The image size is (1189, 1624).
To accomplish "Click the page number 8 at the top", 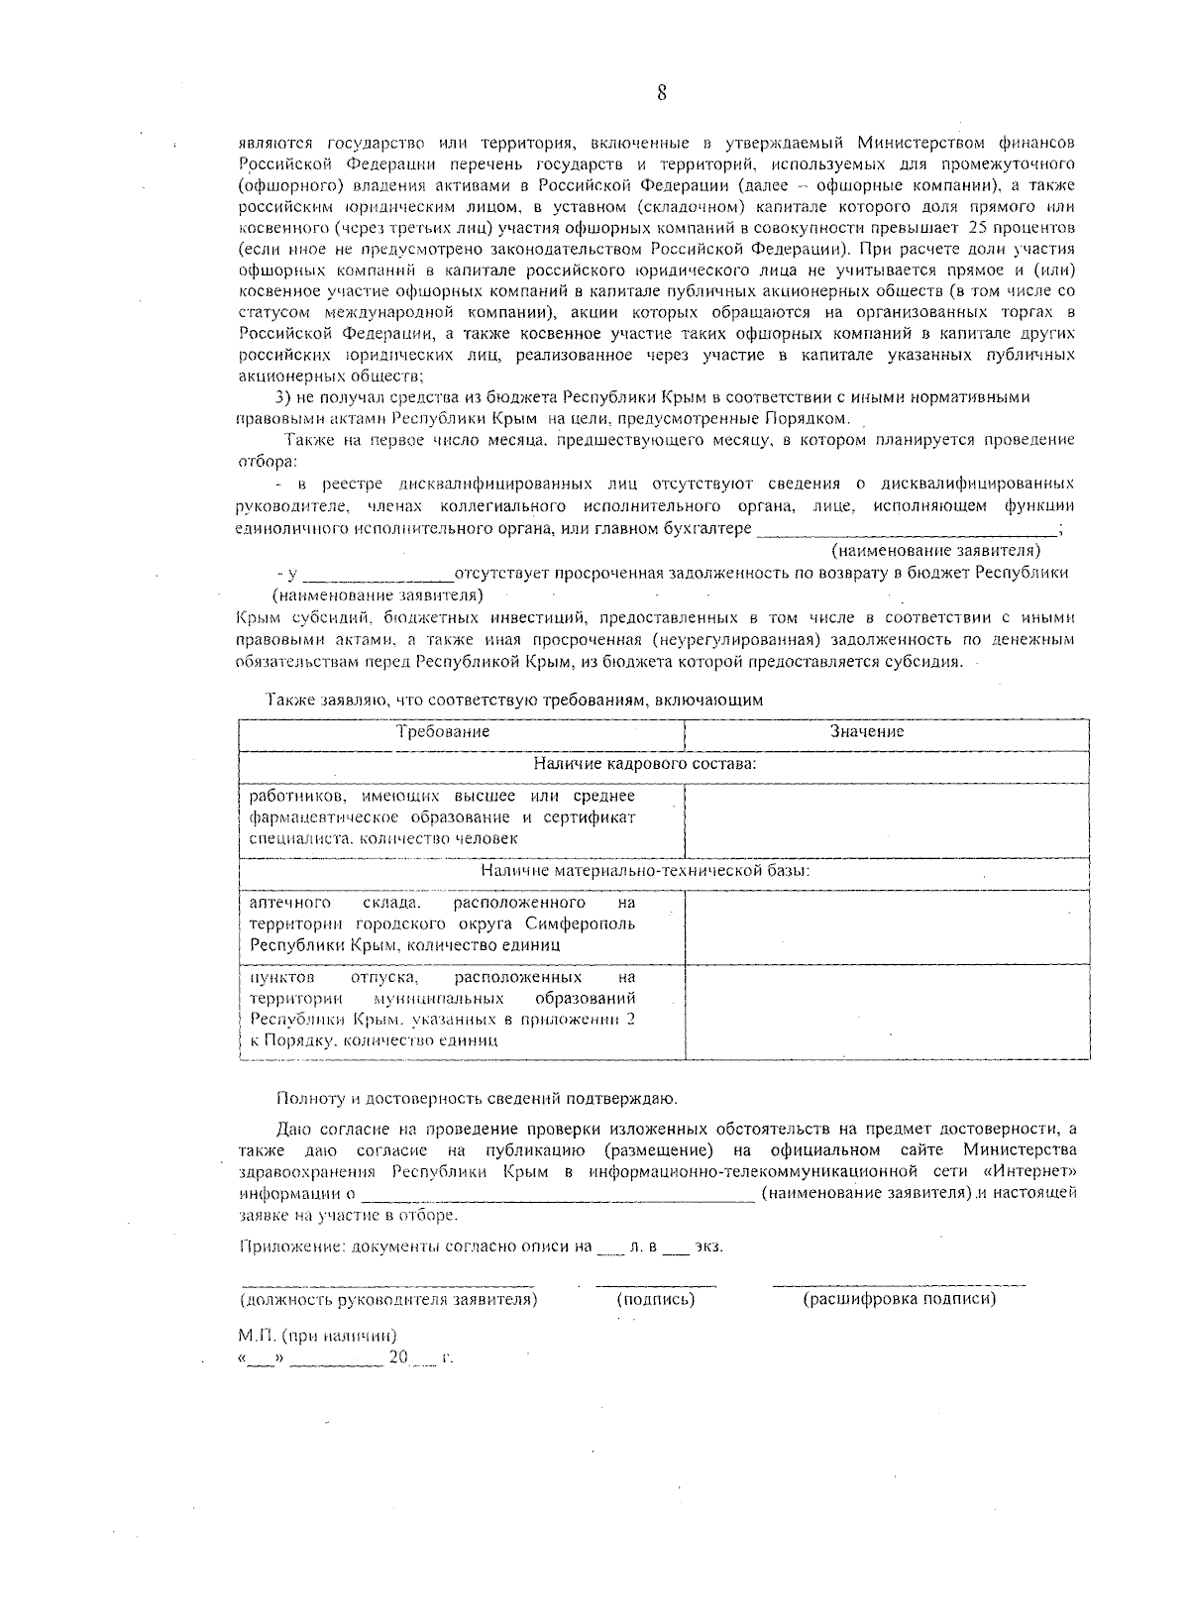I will pos(661,93).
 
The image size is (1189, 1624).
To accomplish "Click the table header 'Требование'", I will pos(443,732).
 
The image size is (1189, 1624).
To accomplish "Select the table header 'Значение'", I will pos(867,732).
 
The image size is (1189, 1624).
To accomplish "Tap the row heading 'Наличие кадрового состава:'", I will pos(645,764).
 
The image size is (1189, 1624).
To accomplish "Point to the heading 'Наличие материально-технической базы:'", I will pos(645,871).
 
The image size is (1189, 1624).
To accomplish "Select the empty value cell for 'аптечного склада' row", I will pos(887,924).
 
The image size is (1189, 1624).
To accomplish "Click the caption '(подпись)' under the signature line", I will pos(655,1299).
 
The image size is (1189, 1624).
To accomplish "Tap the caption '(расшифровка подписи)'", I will pos(899,1299).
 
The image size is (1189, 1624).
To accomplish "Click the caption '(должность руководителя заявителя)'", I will pos(388,1299).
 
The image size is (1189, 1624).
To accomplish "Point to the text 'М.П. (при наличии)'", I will pos(318,1336).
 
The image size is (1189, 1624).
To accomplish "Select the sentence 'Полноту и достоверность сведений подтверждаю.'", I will pos(478,1098).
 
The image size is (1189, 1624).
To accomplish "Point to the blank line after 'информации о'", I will pos(557,1194).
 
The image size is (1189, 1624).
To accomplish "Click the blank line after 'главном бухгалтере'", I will pos(907,529).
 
